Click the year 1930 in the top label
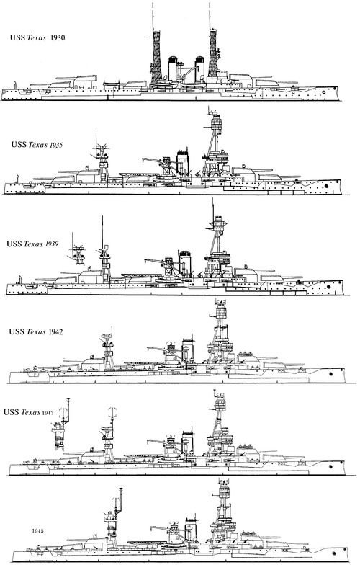[x=58, y=37]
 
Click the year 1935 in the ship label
[x=55, y=145]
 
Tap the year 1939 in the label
[x=52, y=244]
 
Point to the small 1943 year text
[x=48, y=413]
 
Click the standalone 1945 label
[x=37, y=531]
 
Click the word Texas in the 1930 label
[x=36, y=37]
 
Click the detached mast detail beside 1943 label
[x=61, y=425]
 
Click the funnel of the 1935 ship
[x=183, y=161]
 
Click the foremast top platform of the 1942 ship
[x=221, y=311]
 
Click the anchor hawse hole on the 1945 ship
[x=334, y=553]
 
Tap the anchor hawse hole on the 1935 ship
[x=327, y=186]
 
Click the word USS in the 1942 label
[x=17, y=331]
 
